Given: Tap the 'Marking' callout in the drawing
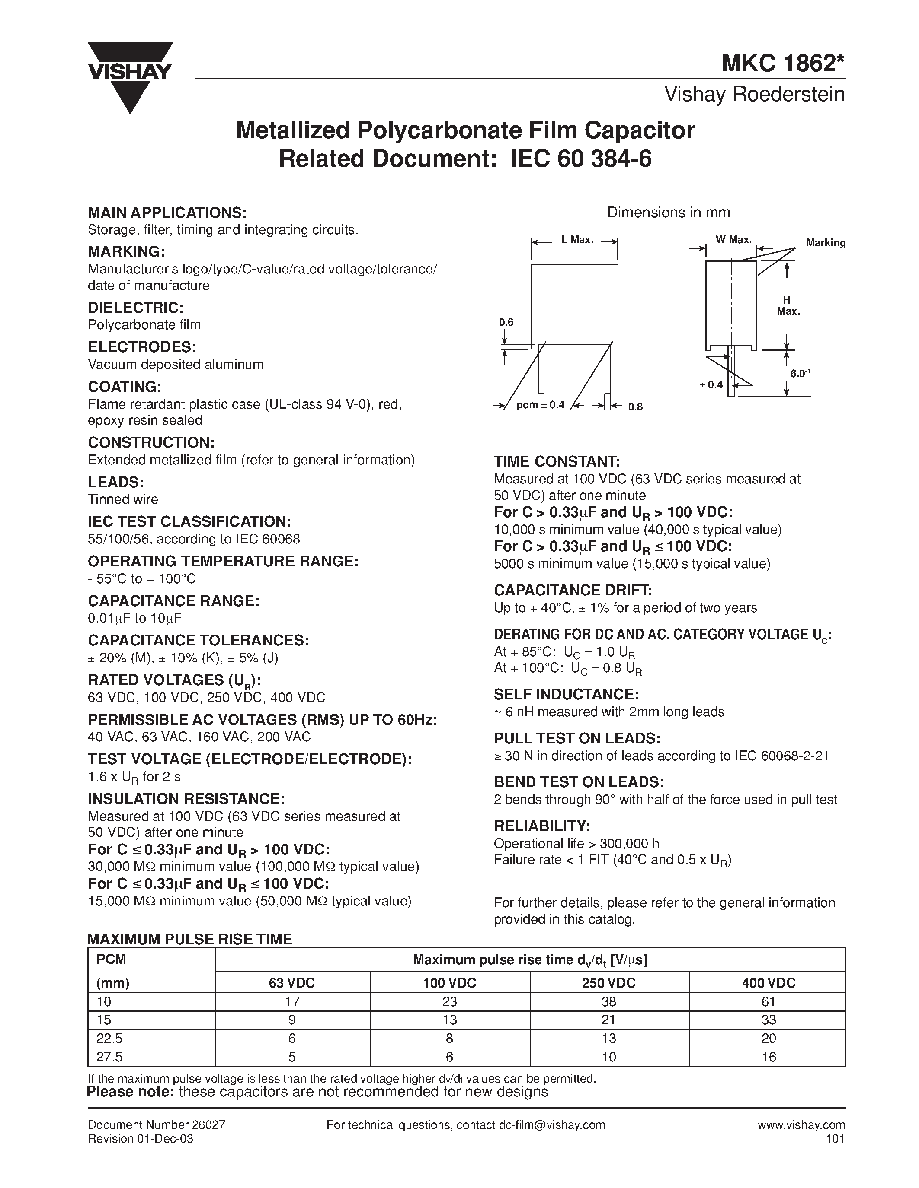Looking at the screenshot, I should pyautogui.click(x=825, y=243).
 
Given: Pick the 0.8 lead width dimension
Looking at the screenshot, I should pyautogui.click(x=635, y=407).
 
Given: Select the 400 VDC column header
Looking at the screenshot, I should pyautogui.click(x=768, y=983).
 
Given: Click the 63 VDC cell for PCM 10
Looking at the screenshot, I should pyautogui.click(x=292, y=1001).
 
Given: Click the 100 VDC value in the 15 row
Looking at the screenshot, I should pyautogui.click(x=450, y=1020).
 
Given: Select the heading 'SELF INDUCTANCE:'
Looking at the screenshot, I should pyautogui.click(x=566, y=695).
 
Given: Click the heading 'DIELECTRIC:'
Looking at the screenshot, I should pyautogui.click(x=135, y=308).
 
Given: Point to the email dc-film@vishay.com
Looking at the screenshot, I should pyautogui.click(x=551, y=1125).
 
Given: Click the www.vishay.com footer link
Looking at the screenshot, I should pyautogui.click(x=801, y=1125).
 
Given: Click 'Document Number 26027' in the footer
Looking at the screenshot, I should pyautogui.click(x=156, y=1125).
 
